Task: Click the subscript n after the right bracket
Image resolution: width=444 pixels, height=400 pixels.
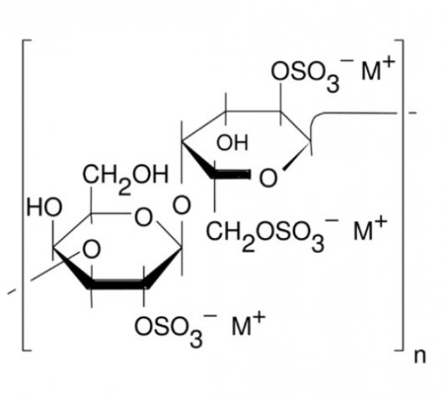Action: [x=420, y=357]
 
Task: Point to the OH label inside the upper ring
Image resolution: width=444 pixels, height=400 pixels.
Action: [x=232, y=143]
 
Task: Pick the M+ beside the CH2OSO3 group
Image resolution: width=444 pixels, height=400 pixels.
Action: [x=370, y=228]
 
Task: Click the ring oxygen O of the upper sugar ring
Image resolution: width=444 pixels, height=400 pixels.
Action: [x=268, y=178]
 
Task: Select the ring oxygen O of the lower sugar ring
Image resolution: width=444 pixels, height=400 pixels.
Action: [x=143, y=217]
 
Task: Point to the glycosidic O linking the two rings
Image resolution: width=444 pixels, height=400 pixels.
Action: [x=181, y=205]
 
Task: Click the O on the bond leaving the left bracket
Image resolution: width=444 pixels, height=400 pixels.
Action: [x=91, y=250]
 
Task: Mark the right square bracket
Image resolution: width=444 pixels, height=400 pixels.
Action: [x=403, y=195]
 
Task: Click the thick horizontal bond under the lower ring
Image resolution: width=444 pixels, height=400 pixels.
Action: [x=118, y=284]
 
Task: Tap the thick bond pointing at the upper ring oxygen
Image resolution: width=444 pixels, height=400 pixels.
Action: [x=231, y=175]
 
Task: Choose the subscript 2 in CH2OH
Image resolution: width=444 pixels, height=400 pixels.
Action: [x=125, y=188]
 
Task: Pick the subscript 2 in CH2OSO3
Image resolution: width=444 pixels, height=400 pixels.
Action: [x=248, y=245]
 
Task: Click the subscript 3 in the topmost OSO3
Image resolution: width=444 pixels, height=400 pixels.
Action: [x=333, y=84]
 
